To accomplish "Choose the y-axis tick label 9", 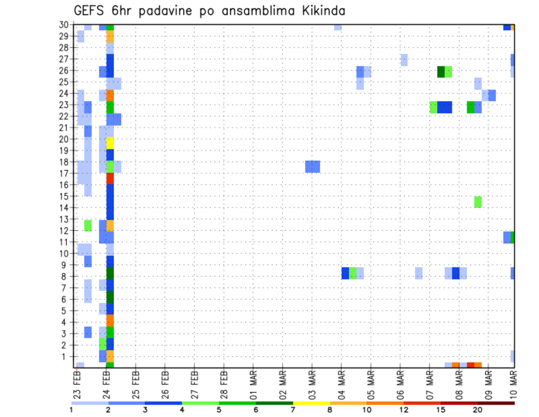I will tap(65, 265).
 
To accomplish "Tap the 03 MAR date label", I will tap(312, 385).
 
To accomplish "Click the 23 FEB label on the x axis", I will tap(77, 385).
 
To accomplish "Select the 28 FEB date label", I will tap(223, 385).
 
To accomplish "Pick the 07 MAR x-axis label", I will tap(429, 385).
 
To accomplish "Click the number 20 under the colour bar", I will tap(478, 410).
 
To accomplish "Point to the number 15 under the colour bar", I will tap(441, 410).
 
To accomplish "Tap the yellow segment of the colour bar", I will tap(311, 403).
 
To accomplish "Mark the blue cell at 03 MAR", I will tap(313, 166).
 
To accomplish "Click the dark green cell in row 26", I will tap(441, 71).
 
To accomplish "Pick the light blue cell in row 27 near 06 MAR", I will tap(404, 60).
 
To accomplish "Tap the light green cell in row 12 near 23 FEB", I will tap(88, 225).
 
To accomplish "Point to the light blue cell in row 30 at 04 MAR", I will tap(337, 27).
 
